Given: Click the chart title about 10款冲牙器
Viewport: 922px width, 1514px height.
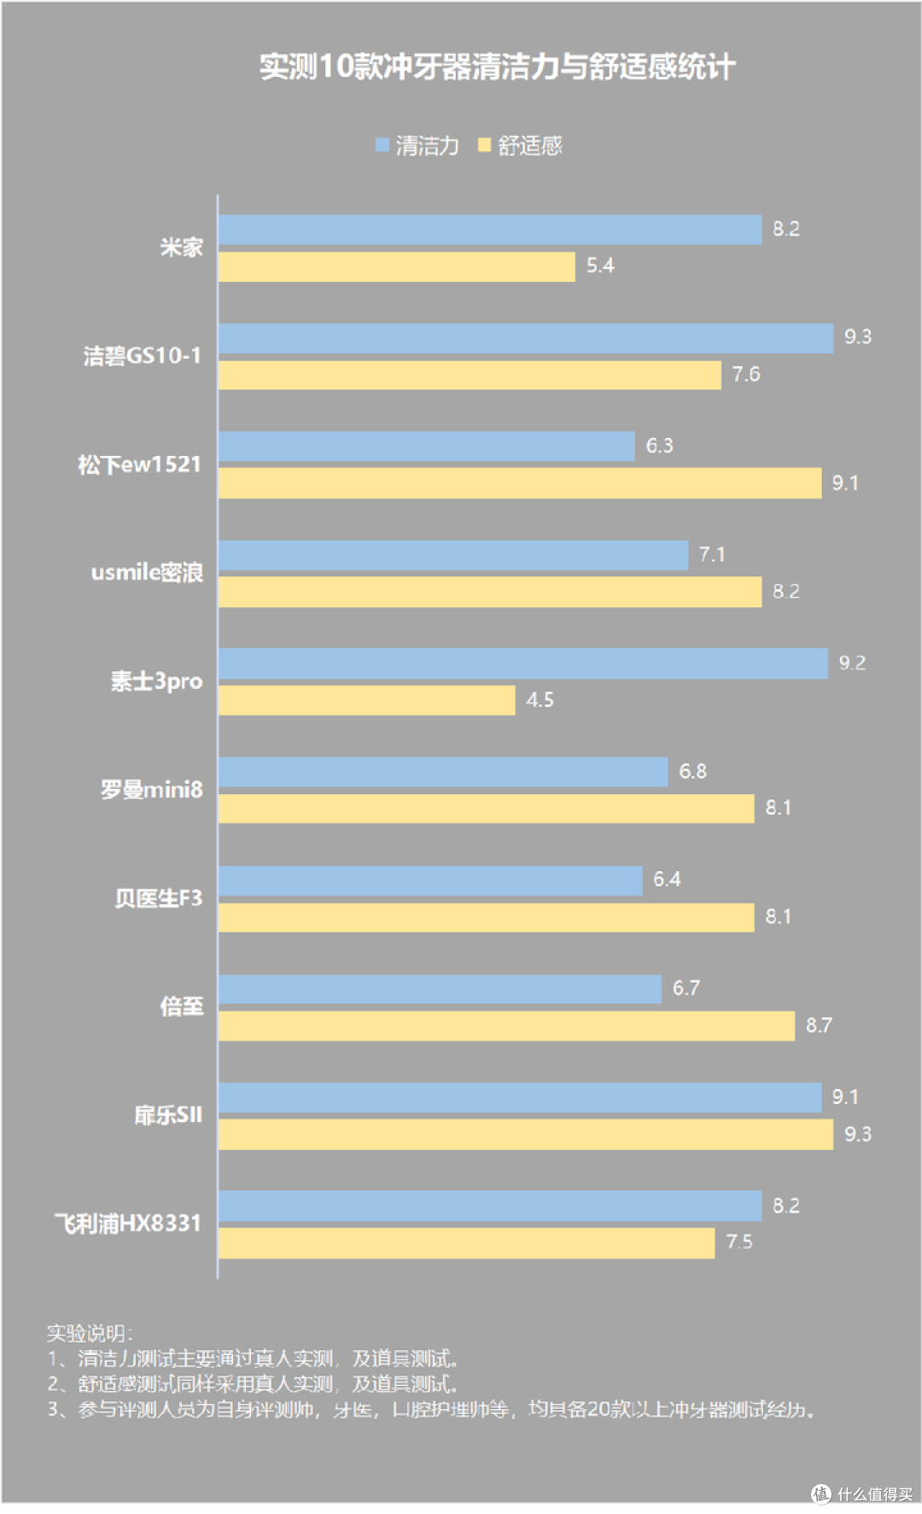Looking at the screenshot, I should pyautogui.click(x=497, y=67).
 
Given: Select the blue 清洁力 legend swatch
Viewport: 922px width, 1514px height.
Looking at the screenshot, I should pyautogui.click(x=382, y=145).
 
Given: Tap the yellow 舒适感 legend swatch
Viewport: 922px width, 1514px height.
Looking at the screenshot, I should pyautogui.click(x=485, y=145).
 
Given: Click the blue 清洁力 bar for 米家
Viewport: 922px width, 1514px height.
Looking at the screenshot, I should pyautogui.click(x=489, y=230).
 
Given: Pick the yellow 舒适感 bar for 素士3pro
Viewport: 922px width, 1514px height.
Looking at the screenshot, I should pyautogui.click(x=366, y=700).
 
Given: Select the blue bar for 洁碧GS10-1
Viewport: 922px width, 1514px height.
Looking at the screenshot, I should pyautogui.click(x=525, y=338).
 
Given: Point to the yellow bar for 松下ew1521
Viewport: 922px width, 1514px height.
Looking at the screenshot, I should pyautogui.click(x=519, y=483).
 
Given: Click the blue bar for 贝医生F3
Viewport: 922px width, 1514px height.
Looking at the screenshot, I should pyautogui.click(x=429, y=880).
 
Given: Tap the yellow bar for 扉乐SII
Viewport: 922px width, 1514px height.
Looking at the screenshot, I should pyautogui.click(x=525, y=1135).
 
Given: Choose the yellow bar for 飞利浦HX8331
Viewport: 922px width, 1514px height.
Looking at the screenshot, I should pyautogui.click(x=466, y=1243).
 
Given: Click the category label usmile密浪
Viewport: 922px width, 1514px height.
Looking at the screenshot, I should pyautogui.click(x=147, y=572).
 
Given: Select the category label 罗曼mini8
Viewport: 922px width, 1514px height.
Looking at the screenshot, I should pyautogui.click(x=152, y=789).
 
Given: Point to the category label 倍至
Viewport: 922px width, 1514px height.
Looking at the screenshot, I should pyautogui.click(x=182, y=1006).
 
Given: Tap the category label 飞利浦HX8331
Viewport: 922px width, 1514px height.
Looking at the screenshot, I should pyautogui.click(x=128, y=1224).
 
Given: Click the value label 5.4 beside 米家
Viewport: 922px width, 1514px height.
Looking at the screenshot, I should pyautogui.click(x=600, y=266).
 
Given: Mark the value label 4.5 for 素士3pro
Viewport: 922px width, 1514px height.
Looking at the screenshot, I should pyautogui.click(x=540, y=700).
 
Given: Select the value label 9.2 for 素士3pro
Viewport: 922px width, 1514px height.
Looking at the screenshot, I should pyautogui.click(x=852, y=663).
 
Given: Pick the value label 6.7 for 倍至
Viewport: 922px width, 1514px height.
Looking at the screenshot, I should pyautogui.click(x=686, y=989).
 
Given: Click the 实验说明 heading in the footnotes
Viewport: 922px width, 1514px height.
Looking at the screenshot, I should pyautogui.click(x=89, y=1333).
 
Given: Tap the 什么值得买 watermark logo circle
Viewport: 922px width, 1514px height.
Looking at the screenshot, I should pyautogui.click(x=820, y=1493).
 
